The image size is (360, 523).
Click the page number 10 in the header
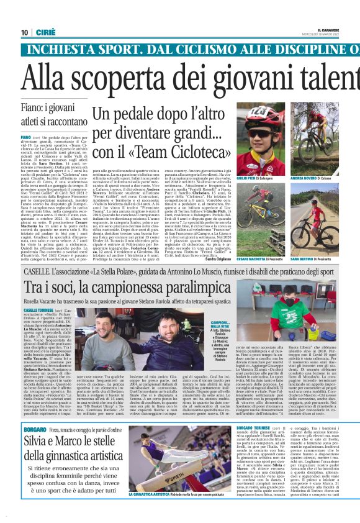[x=24, y=32]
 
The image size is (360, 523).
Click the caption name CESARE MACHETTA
[x=248, y=257]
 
